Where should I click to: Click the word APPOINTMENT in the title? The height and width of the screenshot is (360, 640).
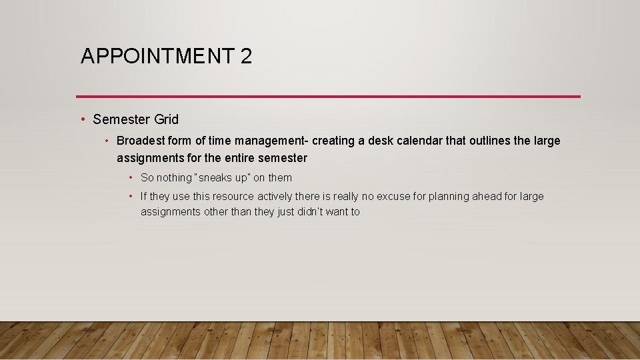pyautogui.click(x=156, y=57)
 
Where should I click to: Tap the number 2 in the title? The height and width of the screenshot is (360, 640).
pyautogui.click(x=246, y=57)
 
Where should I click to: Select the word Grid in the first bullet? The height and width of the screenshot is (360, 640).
pyautogui.click(x=166, y=119)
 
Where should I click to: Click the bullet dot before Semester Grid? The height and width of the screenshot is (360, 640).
pyautogui.click(x=83, y=119)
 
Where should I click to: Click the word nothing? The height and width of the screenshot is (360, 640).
pyautogui.click(x=173, y=178)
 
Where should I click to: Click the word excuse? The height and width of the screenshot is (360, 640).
pyautogui.click(x=394, y=196)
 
